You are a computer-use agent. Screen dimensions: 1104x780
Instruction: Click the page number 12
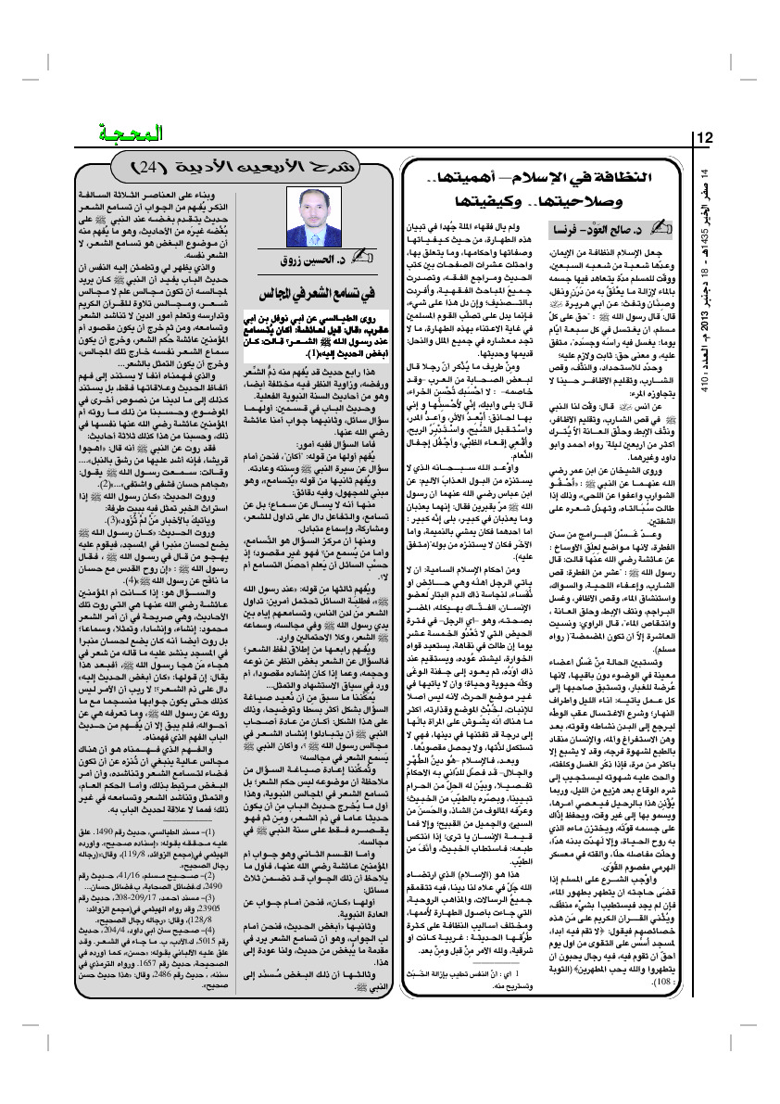704,138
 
